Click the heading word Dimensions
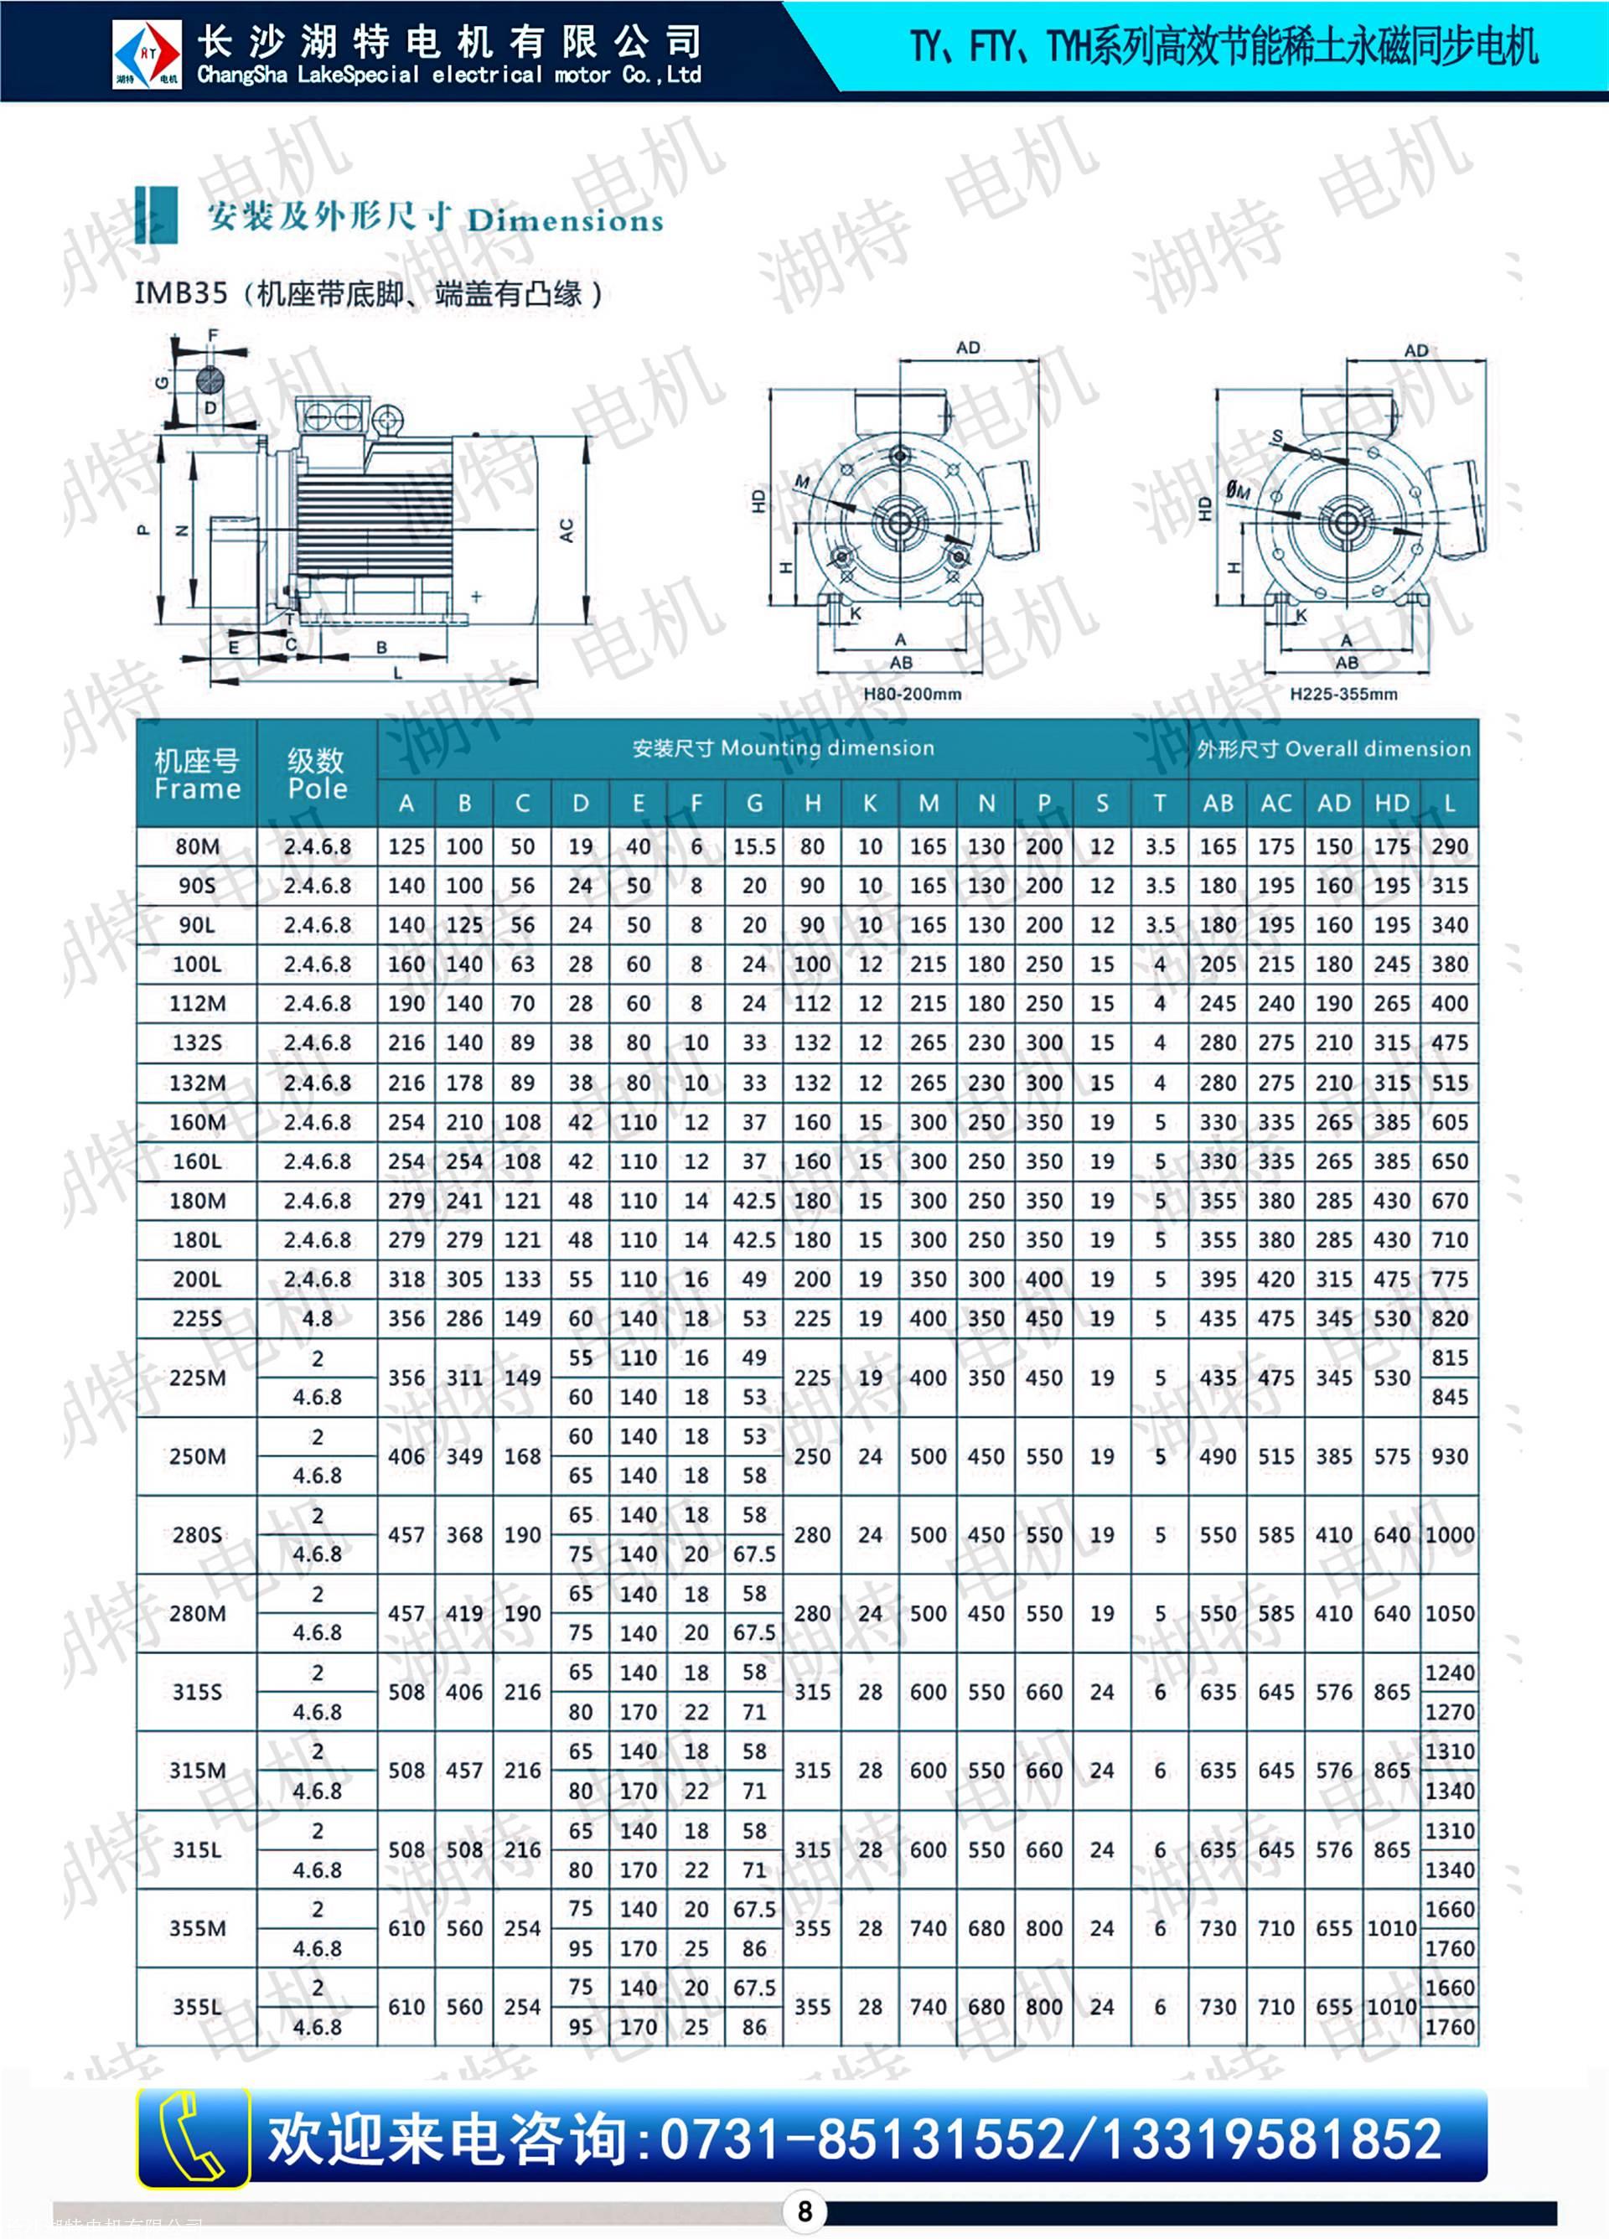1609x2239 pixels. [x=564, y=220]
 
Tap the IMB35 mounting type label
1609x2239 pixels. [x=181, y=293]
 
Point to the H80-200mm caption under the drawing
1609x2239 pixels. [x=911, y=694]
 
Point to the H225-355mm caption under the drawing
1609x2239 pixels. [x=1343, y=694]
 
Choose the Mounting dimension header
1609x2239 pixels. [x=783, y=747]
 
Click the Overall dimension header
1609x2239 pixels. [x=1332, y=748]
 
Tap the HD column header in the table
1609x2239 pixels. [x=1391, y=803]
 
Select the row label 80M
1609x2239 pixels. [x=198, y=846]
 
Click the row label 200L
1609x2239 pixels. [x=198, y=1279]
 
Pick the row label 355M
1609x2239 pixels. [x=198, y=1928]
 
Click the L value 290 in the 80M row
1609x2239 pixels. [x=1449, y=846]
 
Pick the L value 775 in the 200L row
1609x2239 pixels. [x=1449, y=1279]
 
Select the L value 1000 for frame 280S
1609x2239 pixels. [x=1449, y=1534]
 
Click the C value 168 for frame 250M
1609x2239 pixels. [x=522, y=1456]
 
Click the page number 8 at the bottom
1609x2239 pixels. [x=804, y=2211]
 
